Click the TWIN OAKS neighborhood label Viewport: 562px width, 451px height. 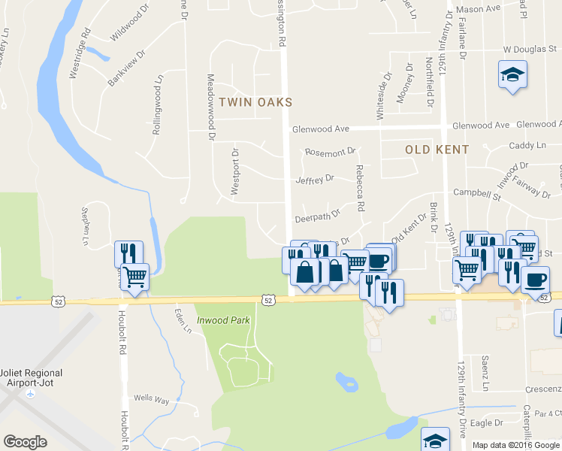coord(255,101)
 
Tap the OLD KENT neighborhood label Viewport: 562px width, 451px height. coord(437,150)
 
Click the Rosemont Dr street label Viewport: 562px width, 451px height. coord(330,152)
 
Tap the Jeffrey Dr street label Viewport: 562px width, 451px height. coord(315,180)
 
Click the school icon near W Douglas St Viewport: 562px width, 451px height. coord(512,76)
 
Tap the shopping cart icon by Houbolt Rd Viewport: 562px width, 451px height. coord(134,277)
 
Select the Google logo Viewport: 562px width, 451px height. coord(25,442)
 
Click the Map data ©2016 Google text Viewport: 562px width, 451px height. coord(516,445)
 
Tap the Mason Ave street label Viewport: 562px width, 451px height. coord(482,9)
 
